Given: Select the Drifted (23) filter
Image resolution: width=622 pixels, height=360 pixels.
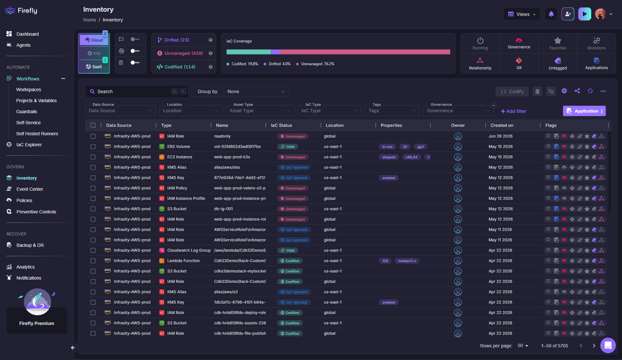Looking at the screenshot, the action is tap(177, 40).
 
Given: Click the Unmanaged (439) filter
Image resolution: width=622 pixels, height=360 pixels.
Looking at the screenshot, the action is tap(183, 53).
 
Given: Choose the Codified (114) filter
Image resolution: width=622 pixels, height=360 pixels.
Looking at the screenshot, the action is tap(180, 67).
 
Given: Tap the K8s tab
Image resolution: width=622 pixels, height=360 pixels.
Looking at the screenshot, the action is tap(94, 53).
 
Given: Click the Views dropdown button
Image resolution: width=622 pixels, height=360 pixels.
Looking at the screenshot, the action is tap(522, 14).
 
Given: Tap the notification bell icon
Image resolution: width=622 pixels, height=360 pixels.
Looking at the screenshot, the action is tap(551, 14).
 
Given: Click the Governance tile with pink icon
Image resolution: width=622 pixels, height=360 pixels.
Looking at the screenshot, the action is tap(519, 43).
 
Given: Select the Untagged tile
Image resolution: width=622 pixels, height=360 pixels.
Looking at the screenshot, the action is tap(557, 64).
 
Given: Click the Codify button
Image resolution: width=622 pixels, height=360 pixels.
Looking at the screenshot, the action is tap(512, 91).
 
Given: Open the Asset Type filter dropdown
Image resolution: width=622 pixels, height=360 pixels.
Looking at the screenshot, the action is tap(260, 111).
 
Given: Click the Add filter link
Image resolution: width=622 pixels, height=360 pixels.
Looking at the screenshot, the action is tap(513, 111).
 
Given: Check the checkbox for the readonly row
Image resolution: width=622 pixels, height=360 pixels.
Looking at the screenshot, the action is tap(93, 136).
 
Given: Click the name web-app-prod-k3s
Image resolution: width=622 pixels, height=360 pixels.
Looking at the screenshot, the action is tap(232, 157).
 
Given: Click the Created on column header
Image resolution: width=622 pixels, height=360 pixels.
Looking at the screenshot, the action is tap(502, 125).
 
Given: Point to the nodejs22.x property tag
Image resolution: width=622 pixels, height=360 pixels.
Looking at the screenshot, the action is tap(407, 261).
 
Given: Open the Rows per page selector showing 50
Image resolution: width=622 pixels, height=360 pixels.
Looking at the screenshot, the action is tap(523, 346).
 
